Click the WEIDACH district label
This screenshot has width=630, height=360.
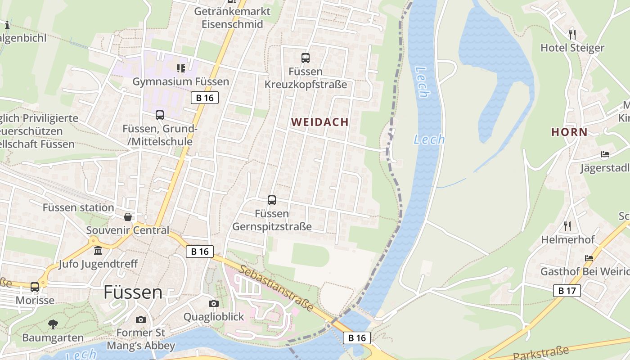[319, 122]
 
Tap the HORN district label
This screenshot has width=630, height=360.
[569, 132]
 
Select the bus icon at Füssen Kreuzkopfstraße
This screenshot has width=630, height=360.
[306, 58]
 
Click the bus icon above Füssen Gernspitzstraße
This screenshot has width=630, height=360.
[272, 200]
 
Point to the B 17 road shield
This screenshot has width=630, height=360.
[567, 291]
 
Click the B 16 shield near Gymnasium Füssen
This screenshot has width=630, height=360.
[205, 98]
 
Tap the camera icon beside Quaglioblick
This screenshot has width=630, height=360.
[214, 303]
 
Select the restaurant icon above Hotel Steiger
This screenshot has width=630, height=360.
[572, 34]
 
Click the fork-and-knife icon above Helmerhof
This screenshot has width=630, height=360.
[567, 226]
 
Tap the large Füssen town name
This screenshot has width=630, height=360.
[133, 292]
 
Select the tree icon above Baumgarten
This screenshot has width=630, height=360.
[53, 324]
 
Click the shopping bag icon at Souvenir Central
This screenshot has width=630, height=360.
[128, 217]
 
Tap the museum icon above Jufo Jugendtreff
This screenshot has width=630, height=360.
[98, 250]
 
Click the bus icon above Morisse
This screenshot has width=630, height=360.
[35, 287]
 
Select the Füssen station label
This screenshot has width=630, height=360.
[78, 207]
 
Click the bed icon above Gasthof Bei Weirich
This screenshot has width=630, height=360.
[589, 258]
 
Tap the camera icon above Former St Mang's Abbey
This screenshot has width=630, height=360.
[141, 319]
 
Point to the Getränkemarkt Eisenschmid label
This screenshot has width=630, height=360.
[232, 18]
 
